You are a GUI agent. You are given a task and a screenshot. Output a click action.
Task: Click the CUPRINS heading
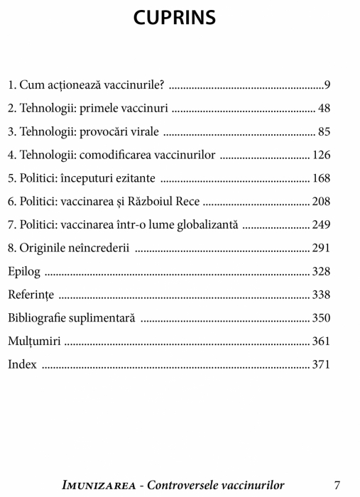(175, 18)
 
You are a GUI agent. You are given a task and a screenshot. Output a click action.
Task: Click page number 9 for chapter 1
(327, 86)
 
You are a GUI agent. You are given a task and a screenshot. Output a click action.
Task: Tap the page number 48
(324, 109)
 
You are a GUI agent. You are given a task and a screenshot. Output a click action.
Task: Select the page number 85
(324, 132)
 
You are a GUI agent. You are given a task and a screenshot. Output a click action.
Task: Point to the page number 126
(321, 155)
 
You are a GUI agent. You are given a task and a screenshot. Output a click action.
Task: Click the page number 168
(321, 178)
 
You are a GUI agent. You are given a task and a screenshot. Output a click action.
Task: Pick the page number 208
(321, 202)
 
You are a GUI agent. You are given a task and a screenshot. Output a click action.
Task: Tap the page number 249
(321, 225)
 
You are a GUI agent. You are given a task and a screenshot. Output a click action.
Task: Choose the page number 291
(321, 248)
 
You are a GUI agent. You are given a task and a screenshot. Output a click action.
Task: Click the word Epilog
(24, 272)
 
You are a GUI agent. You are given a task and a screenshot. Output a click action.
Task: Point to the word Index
(21, 365)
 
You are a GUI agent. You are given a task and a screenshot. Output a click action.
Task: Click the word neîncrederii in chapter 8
(99, 248)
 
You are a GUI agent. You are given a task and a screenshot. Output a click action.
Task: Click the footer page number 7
(337, 485)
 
